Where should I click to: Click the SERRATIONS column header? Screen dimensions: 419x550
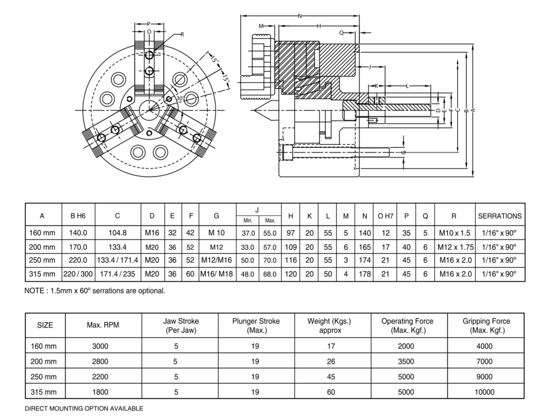pos(500,216)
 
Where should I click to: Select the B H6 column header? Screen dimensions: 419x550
pos(78,216)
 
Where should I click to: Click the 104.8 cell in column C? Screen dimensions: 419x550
pos(117,233)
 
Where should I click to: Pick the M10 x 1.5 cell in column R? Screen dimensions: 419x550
pos(454,233)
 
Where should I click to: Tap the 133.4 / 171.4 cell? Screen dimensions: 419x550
pos(117,260)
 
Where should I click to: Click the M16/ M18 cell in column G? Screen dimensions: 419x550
pos(216,273)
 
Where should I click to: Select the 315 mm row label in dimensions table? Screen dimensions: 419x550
pos(42,273)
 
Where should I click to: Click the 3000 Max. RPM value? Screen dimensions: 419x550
pos(100,346)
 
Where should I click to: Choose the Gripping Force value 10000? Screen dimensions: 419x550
pos(484,392)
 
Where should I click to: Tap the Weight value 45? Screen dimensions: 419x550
pos(331,377)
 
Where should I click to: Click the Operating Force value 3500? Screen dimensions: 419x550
pos(406,362)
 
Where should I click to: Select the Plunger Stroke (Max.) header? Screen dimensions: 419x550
pos(256,326)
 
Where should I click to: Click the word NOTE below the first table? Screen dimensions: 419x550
pos(34,291)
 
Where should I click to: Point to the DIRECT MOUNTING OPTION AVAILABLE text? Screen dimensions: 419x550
pos(84,409)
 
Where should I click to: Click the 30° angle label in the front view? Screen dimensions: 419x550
pos(179,98)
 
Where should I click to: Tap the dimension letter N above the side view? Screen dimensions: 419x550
pos(300,16)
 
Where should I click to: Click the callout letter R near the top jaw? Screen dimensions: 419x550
pos(182,35)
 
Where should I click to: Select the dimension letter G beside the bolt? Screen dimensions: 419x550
pos(404,153)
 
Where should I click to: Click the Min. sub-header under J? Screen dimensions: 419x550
pos(248,221)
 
